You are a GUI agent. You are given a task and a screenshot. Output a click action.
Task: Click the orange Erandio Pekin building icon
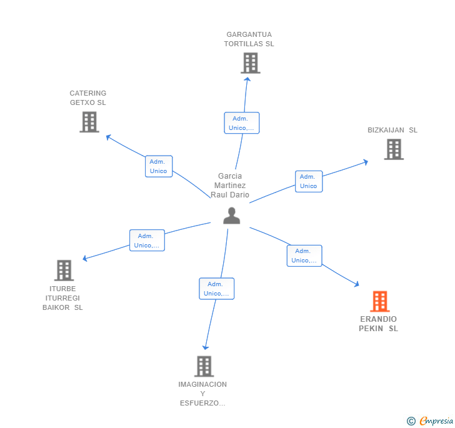click(x=379, y=302)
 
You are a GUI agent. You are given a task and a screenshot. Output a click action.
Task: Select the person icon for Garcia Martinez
click(x=232, y=216)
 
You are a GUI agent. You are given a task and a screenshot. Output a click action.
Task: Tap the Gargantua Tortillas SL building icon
click(x=250, y=63)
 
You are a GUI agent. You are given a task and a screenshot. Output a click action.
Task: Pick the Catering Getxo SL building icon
click(x=89, y=122)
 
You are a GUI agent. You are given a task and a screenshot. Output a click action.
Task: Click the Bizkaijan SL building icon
click(x=393, y=149)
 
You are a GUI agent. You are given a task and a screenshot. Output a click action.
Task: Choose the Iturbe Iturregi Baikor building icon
click(x=64, y=270)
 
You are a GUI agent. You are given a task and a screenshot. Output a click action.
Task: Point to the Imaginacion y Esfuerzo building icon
click(x=204, y=366)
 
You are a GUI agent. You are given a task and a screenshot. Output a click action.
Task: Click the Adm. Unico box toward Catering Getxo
click(x=159, y=166)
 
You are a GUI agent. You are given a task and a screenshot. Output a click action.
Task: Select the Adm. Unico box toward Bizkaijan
click(x=309, y=181)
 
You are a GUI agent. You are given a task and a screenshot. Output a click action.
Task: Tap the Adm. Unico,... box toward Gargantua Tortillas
click(x=241, y=123)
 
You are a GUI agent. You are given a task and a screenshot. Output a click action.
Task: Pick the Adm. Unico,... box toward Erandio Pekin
click(x=304, y=256)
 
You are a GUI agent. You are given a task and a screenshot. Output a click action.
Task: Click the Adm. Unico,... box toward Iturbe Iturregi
click(x=147, y=241)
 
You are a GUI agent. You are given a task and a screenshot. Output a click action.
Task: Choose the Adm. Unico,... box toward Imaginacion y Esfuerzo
click(x=217, y=289)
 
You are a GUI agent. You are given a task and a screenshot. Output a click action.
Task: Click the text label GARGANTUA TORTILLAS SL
click(x=249, y=39)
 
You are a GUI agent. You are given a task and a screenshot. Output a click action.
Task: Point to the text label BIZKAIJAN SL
click(x=392, y=130)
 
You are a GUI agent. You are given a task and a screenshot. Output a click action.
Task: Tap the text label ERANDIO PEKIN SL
click(x=379, y=324)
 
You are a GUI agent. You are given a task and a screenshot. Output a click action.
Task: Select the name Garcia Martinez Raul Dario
click(x=230, y=186)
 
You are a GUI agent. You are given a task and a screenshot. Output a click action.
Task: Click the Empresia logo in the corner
click(x=430, y=421)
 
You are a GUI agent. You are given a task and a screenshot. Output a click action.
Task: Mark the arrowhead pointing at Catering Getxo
click(x=107, y=136)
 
